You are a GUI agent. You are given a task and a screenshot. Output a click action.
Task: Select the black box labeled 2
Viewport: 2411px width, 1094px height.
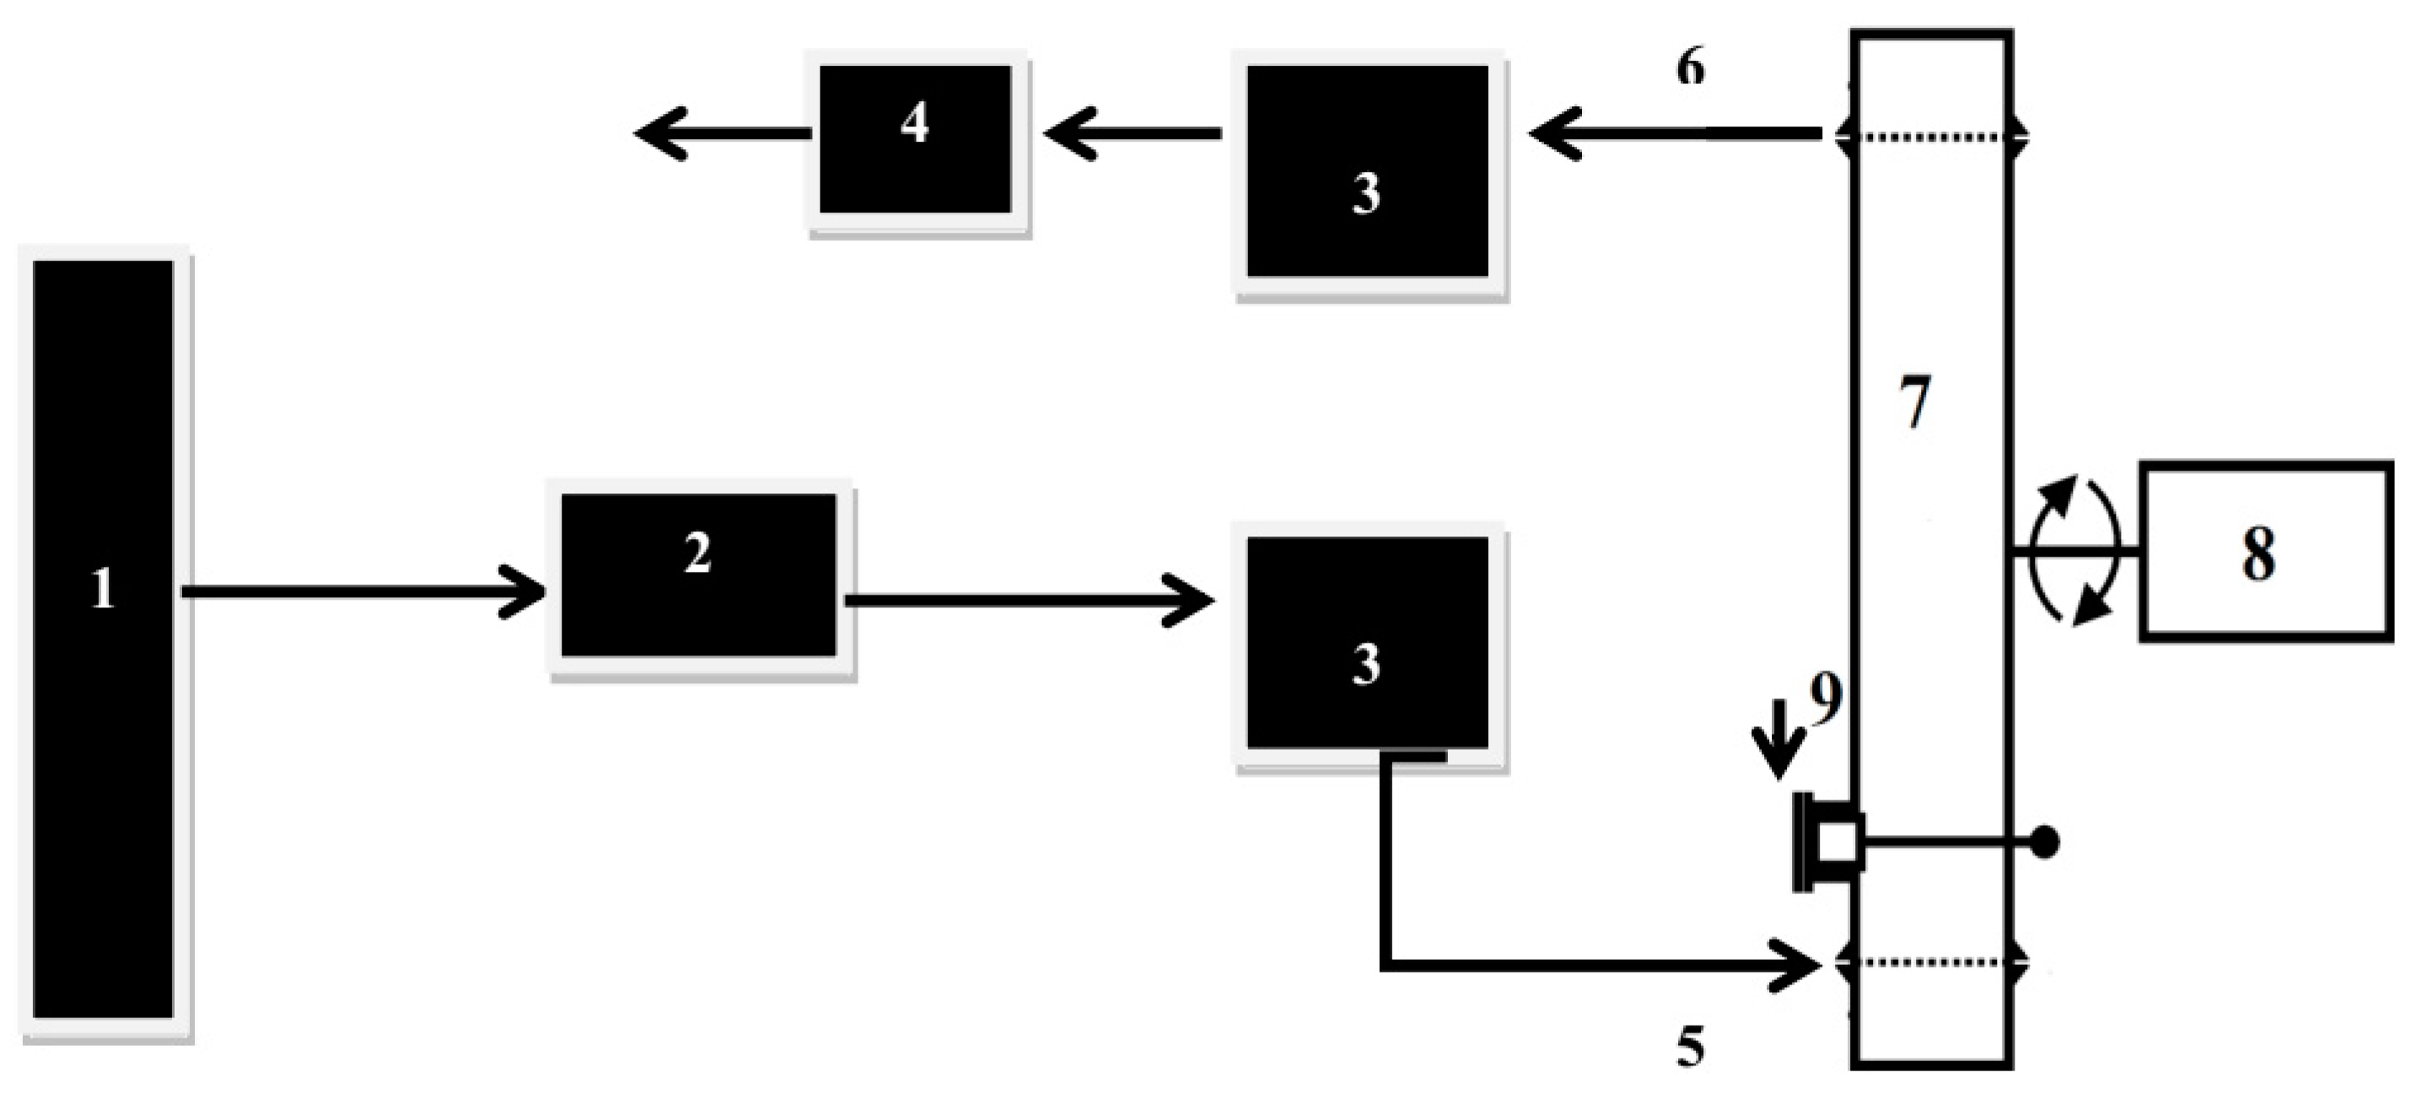698,574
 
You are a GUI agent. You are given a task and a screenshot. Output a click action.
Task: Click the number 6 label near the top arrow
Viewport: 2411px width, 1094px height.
1690,67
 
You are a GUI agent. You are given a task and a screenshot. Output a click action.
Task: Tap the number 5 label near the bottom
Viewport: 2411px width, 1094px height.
1690,1046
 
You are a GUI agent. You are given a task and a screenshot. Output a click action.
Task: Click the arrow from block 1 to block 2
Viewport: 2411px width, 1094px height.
365,591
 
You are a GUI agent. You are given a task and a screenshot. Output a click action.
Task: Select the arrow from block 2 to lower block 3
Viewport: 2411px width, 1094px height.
1030,600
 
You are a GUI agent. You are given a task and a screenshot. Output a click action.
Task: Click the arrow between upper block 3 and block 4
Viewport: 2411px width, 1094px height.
1133,134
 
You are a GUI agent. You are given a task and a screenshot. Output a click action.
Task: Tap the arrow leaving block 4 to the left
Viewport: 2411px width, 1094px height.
721,134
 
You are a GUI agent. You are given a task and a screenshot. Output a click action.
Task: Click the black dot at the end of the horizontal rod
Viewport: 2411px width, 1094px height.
2046,843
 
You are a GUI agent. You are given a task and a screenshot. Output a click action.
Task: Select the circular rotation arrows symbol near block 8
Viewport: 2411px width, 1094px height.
2076,550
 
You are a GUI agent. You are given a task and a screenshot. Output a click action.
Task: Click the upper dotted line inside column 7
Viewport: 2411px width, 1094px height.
1932,137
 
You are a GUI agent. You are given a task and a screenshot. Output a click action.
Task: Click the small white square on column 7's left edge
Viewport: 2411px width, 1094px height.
1838,843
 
